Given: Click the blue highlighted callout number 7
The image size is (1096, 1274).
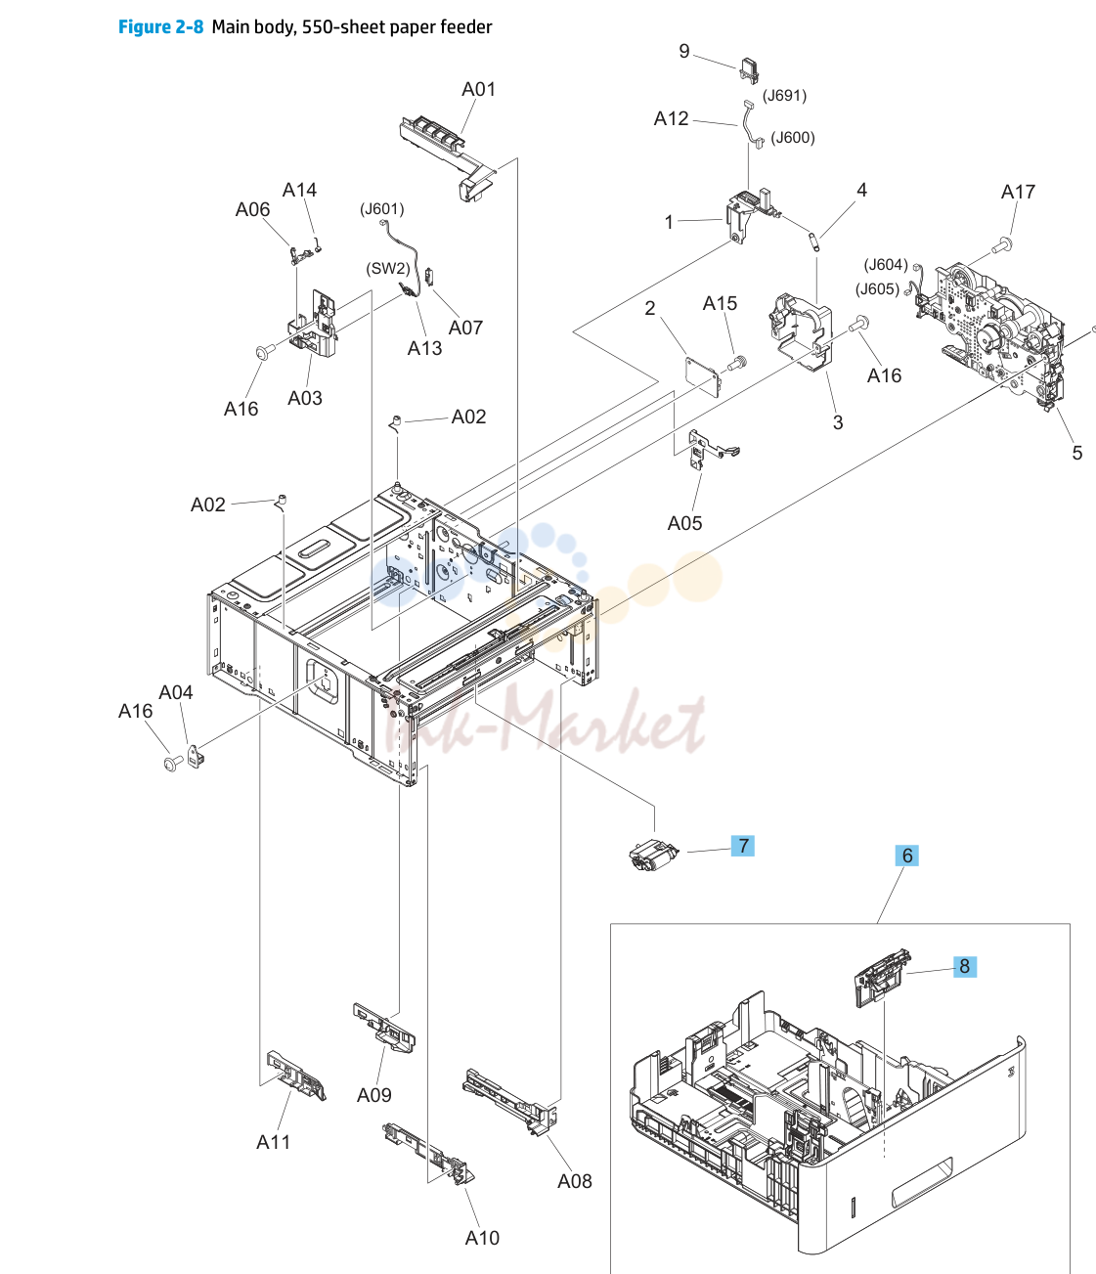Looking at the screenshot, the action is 742,846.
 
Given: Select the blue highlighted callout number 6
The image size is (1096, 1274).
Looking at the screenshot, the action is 906,856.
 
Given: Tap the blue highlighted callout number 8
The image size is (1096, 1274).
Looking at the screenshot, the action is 965,966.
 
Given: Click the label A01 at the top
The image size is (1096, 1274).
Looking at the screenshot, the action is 478,89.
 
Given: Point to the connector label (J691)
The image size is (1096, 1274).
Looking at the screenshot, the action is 784,96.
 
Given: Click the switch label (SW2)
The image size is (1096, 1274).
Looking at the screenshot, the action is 388,268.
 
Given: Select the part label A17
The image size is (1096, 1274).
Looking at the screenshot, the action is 1018,192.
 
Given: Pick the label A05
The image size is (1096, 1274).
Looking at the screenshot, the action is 684,523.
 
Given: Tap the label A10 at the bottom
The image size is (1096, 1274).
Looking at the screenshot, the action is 482,1238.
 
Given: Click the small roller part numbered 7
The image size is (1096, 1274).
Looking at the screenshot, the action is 653,855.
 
